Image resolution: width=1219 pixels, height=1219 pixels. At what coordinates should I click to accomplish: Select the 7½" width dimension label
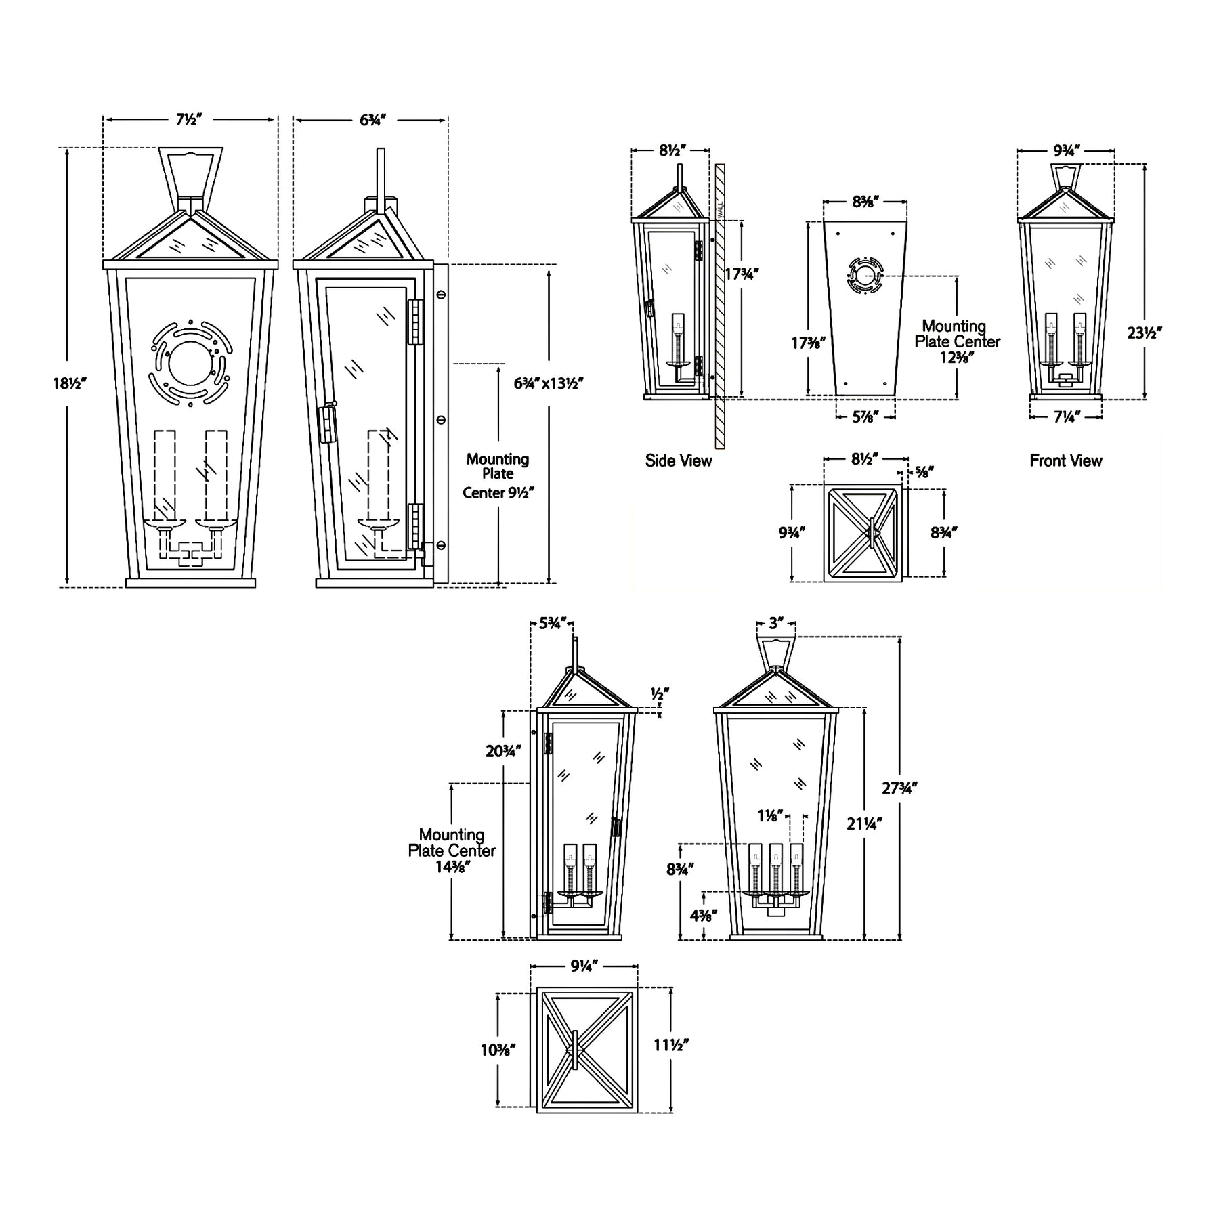(190, 120)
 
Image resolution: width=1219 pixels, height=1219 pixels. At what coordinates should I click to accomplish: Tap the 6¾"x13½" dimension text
(549, 383)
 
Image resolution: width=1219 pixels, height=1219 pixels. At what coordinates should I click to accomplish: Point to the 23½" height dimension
(1145, 333)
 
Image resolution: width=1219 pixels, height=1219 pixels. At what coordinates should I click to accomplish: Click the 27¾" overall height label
(899, 788)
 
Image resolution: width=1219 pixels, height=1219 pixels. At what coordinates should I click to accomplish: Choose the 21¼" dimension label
(865, 824)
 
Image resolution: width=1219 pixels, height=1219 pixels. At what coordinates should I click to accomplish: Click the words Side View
(679, 461)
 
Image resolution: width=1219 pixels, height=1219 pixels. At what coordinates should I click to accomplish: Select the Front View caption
(1066, 461)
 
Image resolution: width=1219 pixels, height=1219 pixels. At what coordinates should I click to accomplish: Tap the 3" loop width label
(776, 624)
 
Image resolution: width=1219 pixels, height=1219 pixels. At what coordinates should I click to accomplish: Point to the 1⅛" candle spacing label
(771, 817)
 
